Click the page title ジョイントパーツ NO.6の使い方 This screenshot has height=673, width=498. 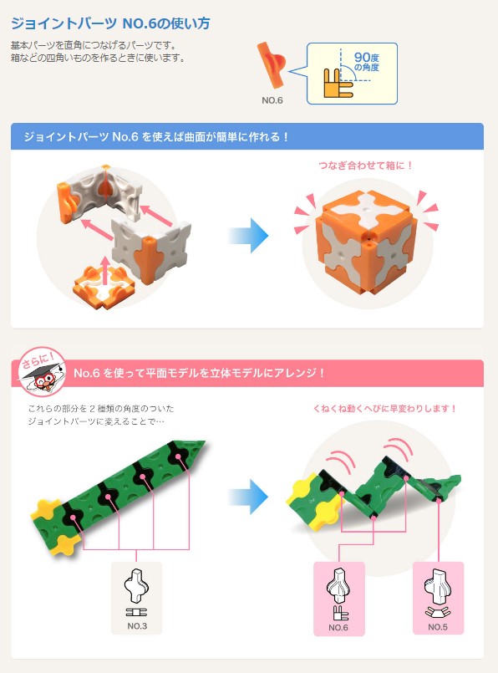point(110,23)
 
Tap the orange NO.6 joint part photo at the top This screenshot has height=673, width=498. point(271,65)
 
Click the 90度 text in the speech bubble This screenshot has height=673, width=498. point(366,57)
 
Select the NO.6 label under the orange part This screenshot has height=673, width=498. point(272,100)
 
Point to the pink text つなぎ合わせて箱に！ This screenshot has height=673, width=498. point(365,166)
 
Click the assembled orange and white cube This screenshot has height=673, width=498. point(367,242)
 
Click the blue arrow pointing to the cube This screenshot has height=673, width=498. point(248,236)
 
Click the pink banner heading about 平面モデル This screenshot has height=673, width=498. point(199,373)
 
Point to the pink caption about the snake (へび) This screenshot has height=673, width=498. point(384,408)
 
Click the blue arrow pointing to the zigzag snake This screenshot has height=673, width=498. point(248,497)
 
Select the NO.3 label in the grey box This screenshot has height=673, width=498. point(137,626)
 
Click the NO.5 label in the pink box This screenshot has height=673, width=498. point(438,627)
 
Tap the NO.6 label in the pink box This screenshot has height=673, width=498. point(338,627)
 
